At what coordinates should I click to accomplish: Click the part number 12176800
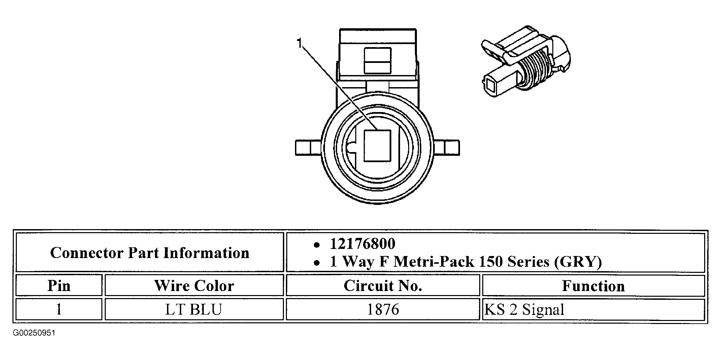click(362, 244)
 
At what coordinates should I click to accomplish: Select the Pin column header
click(59, 286)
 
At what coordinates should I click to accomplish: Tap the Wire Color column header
click(194, 286)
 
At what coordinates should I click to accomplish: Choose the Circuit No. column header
click(383, 286)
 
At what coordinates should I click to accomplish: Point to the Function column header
click(593, 286)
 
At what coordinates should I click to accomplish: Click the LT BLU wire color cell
click(194, 309)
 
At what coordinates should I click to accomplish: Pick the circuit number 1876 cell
click(383, 309)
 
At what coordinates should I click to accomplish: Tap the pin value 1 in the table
click(59, 309)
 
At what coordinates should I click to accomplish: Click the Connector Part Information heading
click(150, 253)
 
